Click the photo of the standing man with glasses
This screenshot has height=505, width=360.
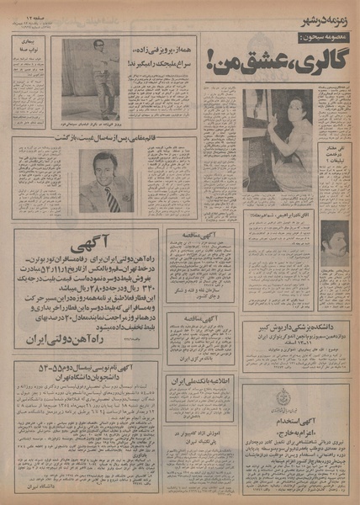pyautogui.click(x=92, y=78)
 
